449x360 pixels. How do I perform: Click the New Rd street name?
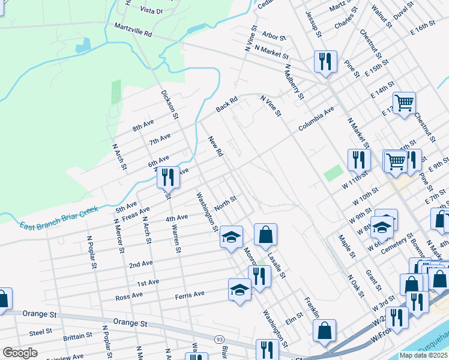(x=215, y=147)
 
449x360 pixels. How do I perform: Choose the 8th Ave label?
(x=143, y=126)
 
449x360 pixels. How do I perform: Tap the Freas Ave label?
(x=136, y=212)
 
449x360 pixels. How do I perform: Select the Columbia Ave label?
(x=316, y=119)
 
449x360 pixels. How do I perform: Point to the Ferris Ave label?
(x=190, y=293)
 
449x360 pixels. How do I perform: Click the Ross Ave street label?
(x=129, y=295)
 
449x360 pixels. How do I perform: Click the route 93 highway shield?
(x=220, y=339)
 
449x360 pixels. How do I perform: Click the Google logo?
(x=20, y=352)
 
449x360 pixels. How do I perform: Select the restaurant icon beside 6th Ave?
(x=168, y=176)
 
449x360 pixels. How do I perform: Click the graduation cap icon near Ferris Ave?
(x=240, y=290)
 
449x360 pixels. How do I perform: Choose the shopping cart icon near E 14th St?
(x=404, y=102)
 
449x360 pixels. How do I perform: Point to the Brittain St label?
(x=77, y=336)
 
